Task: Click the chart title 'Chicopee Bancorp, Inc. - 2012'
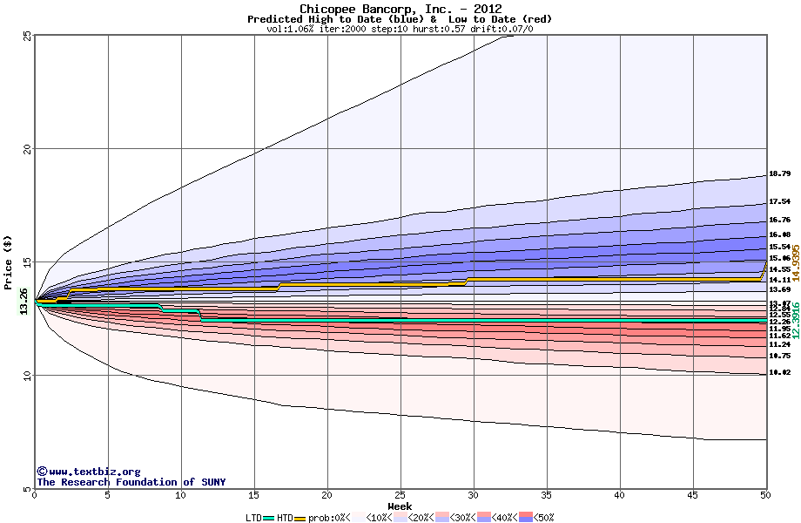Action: click(x=400, y=9)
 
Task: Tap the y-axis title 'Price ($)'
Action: click(x=9, y=262)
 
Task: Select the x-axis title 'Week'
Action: click(x=400, y=506)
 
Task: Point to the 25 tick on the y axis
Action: click(x=27, y=36)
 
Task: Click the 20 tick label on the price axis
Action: click(x=27, y=149)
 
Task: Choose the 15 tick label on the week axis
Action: click(x=253, y=496)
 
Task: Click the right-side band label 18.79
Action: click(x=779, y=174)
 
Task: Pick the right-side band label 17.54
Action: click(x=779, y=201)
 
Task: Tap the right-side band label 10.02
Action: click(x=779, y=372)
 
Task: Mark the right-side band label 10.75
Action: click(x=779, y=356)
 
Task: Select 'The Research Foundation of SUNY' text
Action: click(x=131, y=482)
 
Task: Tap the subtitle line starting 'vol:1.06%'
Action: click(x=400, y=29)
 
